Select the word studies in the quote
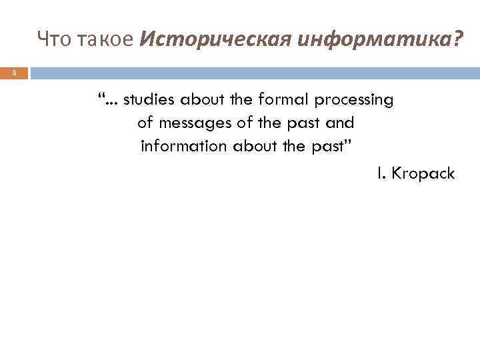tap(147, 101)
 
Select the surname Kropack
tap(423, 174)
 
